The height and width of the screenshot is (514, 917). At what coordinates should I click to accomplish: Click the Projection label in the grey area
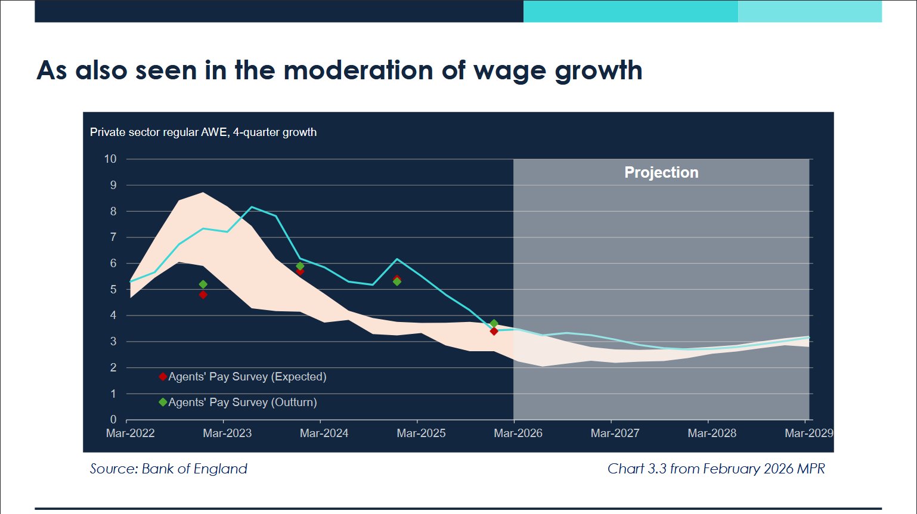pyautogui.click(x=661, y=172)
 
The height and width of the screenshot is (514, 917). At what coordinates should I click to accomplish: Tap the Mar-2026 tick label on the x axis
pyautogui.click(x=518, y=434)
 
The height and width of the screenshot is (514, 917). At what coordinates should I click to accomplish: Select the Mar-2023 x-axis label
pyautogui.click(x=227, y=434)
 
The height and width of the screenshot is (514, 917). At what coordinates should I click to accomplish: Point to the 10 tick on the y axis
pyautogui.click(x=110, y=159)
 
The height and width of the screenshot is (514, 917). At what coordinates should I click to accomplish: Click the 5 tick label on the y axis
pyautogui.click(x=113, y=289)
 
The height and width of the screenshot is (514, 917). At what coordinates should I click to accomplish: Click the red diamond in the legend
pyautogui.click(x=163, y=377)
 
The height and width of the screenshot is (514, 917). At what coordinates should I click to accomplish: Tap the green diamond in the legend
pyautogui.click(x=163, y=402)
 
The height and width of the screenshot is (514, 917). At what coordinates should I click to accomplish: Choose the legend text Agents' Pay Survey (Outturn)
pyautogui.click(x=243, y=402)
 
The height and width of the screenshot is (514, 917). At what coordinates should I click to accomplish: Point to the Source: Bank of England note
pyautogui.click(x=169, y=469)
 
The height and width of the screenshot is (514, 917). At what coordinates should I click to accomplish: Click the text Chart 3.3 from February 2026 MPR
pyautogui.click(x=716, y=469)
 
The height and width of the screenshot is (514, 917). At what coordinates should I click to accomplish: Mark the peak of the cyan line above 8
pyautogui.click(x=252, y=207)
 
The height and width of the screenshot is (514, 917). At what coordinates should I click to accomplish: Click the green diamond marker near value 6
pyautogui.click(x=300, y=266)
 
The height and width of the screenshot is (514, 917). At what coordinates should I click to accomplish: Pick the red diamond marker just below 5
pyautogui.click(x=203, y=295)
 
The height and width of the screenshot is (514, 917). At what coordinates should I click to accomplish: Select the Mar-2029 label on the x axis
pyautogui.click(x=808, y=434)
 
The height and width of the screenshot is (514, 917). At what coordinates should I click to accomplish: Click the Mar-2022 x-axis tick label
pyautogui.click(x=130, y=434)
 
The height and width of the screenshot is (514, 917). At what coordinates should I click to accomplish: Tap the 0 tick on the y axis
pyautogui.click(x=113, y=420)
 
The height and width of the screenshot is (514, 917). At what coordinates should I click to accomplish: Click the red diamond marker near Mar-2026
pyautogui.click(x=494, y=331)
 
